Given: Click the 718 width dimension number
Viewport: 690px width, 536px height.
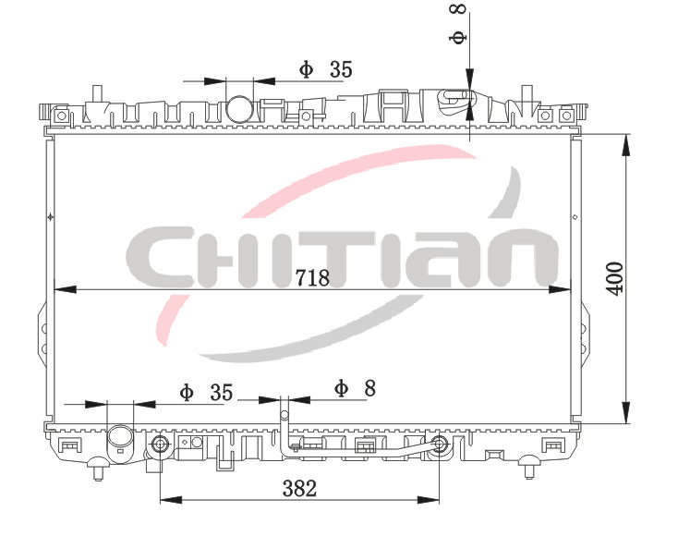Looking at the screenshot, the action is point(312,278).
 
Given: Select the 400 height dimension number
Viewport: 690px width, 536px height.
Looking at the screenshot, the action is point(614,278).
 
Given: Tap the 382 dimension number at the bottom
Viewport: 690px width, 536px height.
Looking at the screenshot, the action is point(299,489).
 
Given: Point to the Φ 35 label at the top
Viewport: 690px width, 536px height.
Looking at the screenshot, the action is point(326,69).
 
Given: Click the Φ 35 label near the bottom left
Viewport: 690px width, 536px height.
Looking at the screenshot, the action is point(206,392).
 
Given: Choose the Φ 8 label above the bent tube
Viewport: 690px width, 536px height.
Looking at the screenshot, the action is point(355,388).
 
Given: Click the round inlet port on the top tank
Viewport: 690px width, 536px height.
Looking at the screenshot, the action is point(240,108).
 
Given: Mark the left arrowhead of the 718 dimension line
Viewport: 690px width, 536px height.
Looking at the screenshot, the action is point(65,289).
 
